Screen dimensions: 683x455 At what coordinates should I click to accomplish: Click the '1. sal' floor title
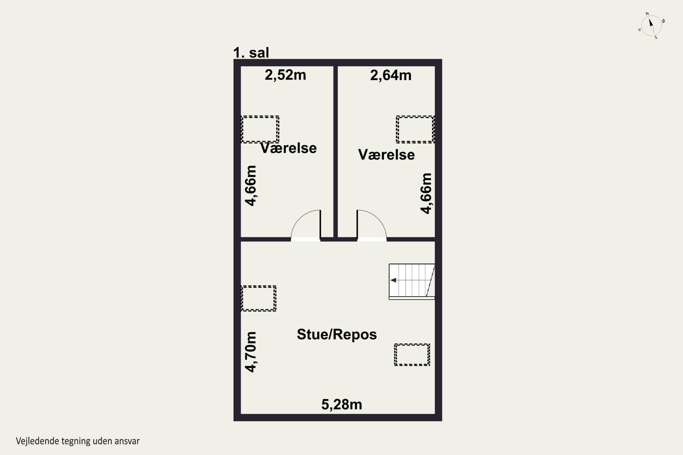(x=251, y=53)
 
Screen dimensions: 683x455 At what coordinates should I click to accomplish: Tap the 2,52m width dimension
(x=285, y=75)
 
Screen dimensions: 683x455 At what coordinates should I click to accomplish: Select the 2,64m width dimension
(x=391, y=75)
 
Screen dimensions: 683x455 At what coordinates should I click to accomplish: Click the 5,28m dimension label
(x=342, y=404)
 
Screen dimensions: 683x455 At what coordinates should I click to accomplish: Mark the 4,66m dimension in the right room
(x=426, y=193)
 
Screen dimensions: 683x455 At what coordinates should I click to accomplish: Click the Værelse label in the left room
(x=288, y=148)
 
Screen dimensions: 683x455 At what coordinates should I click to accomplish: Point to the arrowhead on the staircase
(x=393, y=280)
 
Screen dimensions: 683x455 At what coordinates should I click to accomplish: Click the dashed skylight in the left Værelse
(x=260, y=129)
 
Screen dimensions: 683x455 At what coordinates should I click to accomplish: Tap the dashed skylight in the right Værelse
(x=415, y=129)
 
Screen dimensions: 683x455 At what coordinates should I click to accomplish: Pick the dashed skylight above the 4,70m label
(x=258, y=298)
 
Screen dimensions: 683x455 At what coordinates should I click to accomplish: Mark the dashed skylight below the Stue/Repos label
(x=412, y=355)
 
